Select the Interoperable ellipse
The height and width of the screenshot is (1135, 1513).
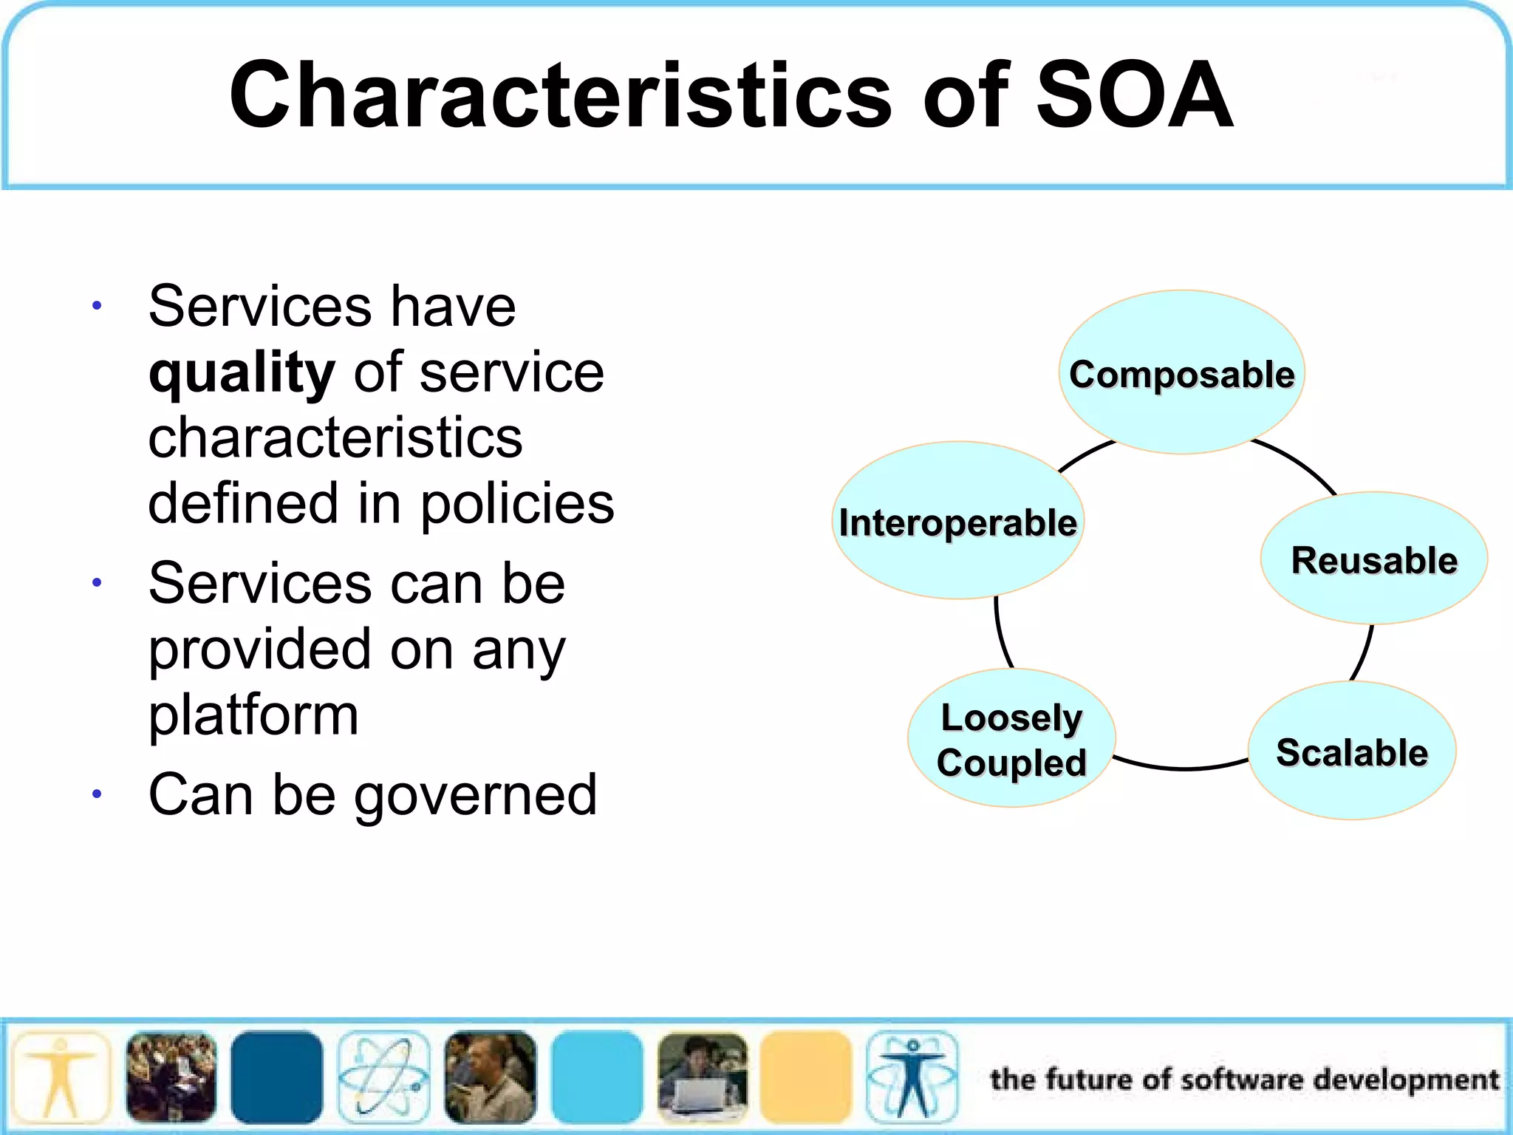click(x=957, y=520)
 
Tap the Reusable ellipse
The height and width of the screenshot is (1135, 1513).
click(x=1373, y=559)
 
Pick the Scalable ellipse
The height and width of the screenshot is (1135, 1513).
click(x=1351, y=751)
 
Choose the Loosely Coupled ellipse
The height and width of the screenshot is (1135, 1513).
click(x=1011, y=738)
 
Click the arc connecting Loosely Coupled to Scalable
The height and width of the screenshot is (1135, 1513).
click(x=1182, y=768)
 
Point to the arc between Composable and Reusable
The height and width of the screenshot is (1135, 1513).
click(x=1300, y=463)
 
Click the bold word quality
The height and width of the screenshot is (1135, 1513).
click(x=242, y=372)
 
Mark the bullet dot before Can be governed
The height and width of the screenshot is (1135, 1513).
click(x=97, y=795)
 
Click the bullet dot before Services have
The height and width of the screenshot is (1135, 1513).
click(x=97, y=305)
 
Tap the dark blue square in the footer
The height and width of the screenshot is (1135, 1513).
click(x=276, y=1077)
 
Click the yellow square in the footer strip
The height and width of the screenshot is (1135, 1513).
click(x=805, y=1077)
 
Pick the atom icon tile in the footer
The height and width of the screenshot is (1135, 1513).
click(x=383, y=1077)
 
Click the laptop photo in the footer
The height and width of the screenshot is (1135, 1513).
click(x=702, y=1077)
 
